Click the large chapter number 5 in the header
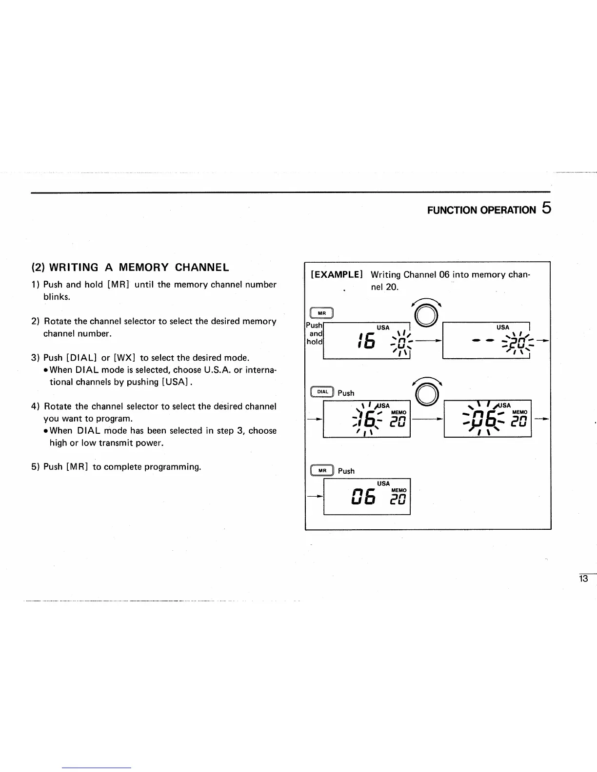click(546, 209)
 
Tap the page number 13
click(583, 579)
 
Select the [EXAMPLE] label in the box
click(337, 275)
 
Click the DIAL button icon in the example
click(322, 391)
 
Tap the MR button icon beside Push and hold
click(321, 313)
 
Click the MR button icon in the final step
click(322, 470)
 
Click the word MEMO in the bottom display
click(398, 490)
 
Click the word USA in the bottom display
click(383, 483)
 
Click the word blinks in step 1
click(57, 297)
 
